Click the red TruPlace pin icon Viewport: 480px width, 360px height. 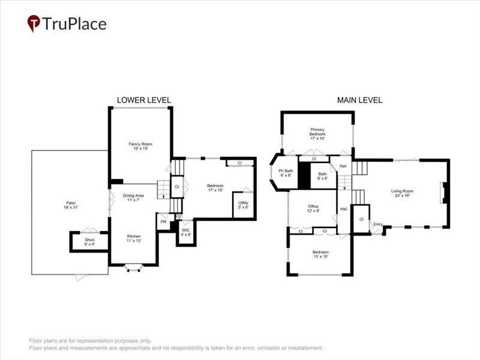[34, 23]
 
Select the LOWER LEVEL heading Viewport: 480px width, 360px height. [143, 100]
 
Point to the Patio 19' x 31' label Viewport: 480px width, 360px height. [70, 205]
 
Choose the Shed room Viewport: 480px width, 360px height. [89, 242]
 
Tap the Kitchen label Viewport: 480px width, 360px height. [134, 239]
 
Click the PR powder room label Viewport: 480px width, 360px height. [163, 222]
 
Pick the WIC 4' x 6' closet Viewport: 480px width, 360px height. [185, 232]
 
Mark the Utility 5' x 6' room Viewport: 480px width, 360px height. [242, 205]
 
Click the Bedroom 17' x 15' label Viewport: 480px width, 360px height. [215, 188]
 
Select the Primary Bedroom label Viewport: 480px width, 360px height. [317, 133]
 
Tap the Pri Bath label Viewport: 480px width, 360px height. [285, 173]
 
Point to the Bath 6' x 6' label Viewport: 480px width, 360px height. [322, 176]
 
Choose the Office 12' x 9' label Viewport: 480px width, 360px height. [313, 208]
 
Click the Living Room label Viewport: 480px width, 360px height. [403, 193]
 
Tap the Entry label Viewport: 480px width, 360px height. [377, 224]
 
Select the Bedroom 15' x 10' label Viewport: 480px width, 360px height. [320, 254]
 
